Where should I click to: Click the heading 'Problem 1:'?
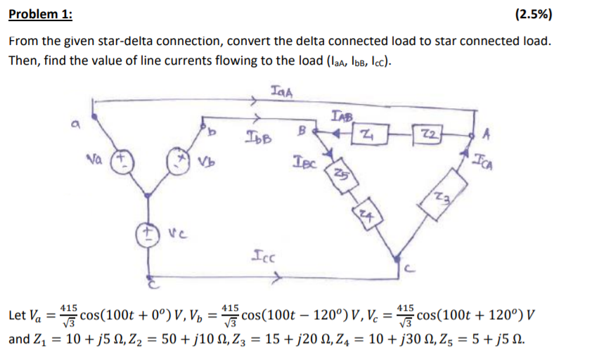(x=41, y=15)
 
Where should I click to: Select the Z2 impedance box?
(x=426, y=134)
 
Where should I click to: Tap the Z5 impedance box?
(x=340, y=174)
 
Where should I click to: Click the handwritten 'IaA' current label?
(x=281, y=89)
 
